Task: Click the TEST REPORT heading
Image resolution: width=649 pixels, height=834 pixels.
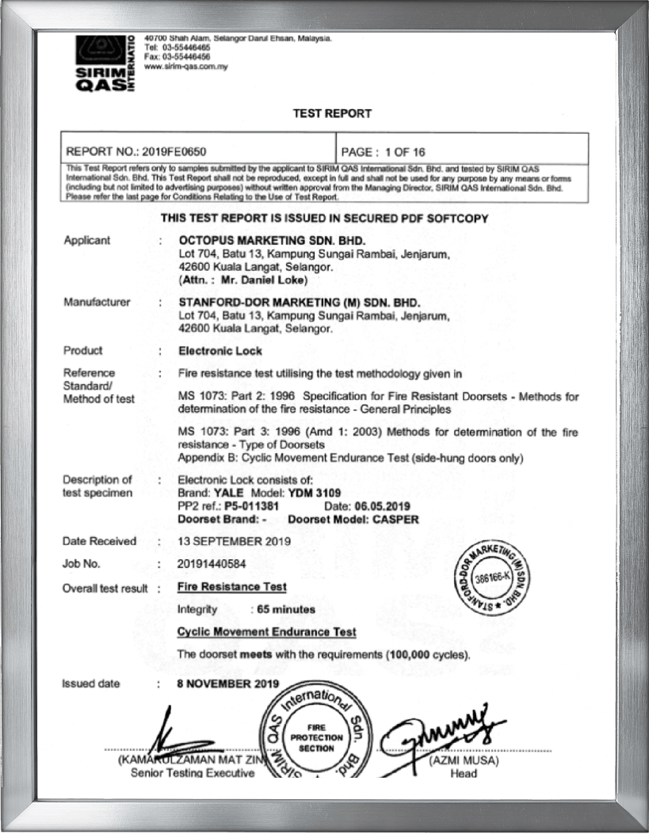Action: (332, 113)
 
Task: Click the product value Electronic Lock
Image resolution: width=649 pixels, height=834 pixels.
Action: (220, 350)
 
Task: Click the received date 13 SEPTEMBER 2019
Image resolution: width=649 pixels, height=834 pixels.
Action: (235, 542)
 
